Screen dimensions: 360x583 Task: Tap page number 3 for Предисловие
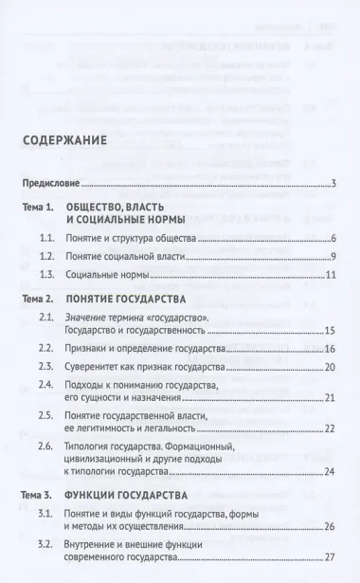[334, 183]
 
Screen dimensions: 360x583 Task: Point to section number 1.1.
[63, 239]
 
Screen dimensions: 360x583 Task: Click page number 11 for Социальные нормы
[332, 275]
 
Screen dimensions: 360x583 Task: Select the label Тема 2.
[42, 299]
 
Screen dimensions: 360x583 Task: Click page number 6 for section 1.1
[334, 239]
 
